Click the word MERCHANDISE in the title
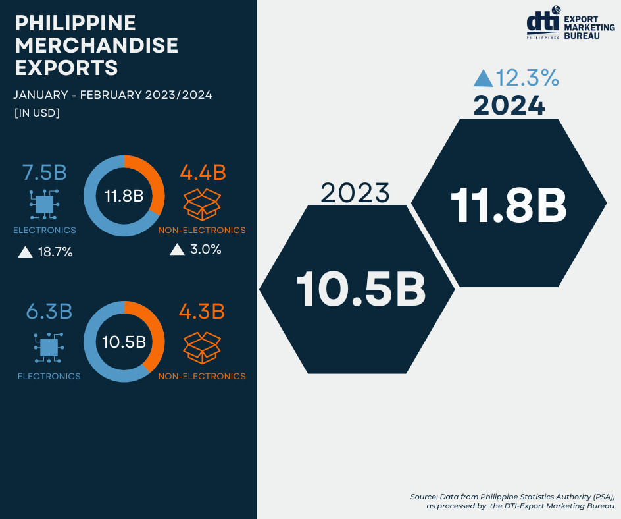[96, 45]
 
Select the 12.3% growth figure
[528, 78]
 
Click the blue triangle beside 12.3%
[483, 79]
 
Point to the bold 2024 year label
[509, 105]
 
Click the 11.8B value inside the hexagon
[509, 205]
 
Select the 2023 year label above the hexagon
[355, 194]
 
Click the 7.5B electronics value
[45, 173]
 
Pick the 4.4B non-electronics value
[203, 173]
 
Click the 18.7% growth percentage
[54, 252]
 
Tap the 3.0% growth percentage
[204, 250]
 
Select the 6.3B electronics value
[49, 312]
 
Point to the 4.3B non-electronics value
[202, 312]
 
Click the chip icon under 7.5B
[45, 205]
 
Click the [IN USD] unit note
[37, 113]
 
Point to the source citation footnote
[512, 501]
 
